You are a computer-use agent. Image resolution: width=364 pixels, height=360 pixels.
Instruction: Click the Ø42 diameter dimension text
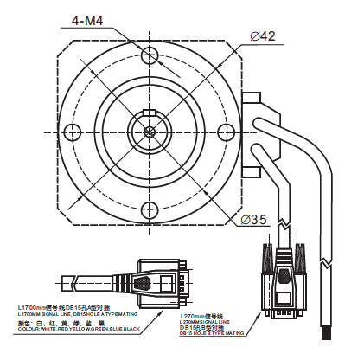262,35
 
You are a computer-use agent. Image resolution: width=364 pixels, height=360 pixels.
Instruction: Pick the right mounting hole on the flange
227,132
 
